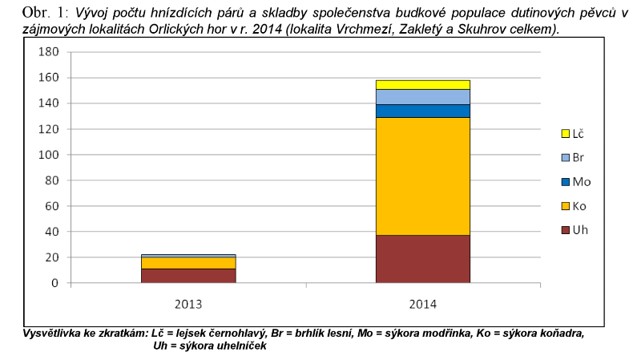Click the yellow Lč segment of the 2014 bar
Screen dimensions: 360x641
(x=422, y=84)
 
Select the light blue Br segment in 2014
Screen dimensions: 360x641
(x=422, y=96)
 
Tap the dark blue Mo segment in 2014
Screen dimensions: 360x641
(x=422, y=111)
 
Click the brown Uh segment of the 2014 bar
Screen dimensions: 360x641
(x=422, y=258)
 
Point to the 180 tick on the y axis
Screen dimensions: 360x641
(x=50, y=52)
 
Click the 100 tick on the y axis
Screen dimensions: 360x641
(x=50, y=155)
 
